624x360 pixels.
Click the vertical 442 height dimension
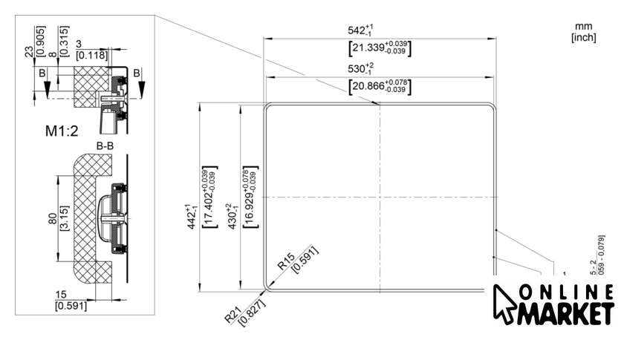click(x=192, y=216)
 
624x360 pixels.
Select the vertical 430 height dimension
click(x=232, y=217)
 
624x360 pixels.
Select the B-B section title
click(x=105, y=145)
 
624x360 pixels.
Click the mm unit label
click(x=583, y=26)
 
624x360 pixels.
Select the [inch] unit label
click(x=583, y=37)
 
